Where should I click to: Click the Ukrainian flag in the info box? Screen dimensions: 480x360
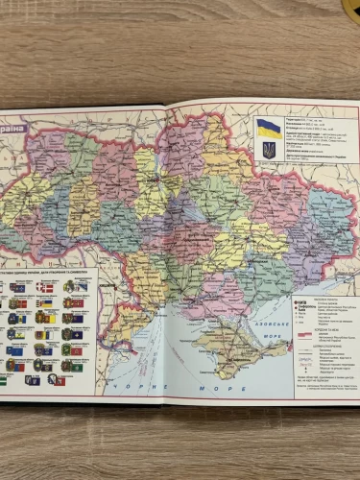(269, 129)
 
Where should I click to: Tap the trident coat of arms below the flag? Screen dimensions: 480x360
(269, 151)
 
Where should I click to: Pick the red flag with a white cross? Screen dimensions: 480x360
(44, 287)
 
